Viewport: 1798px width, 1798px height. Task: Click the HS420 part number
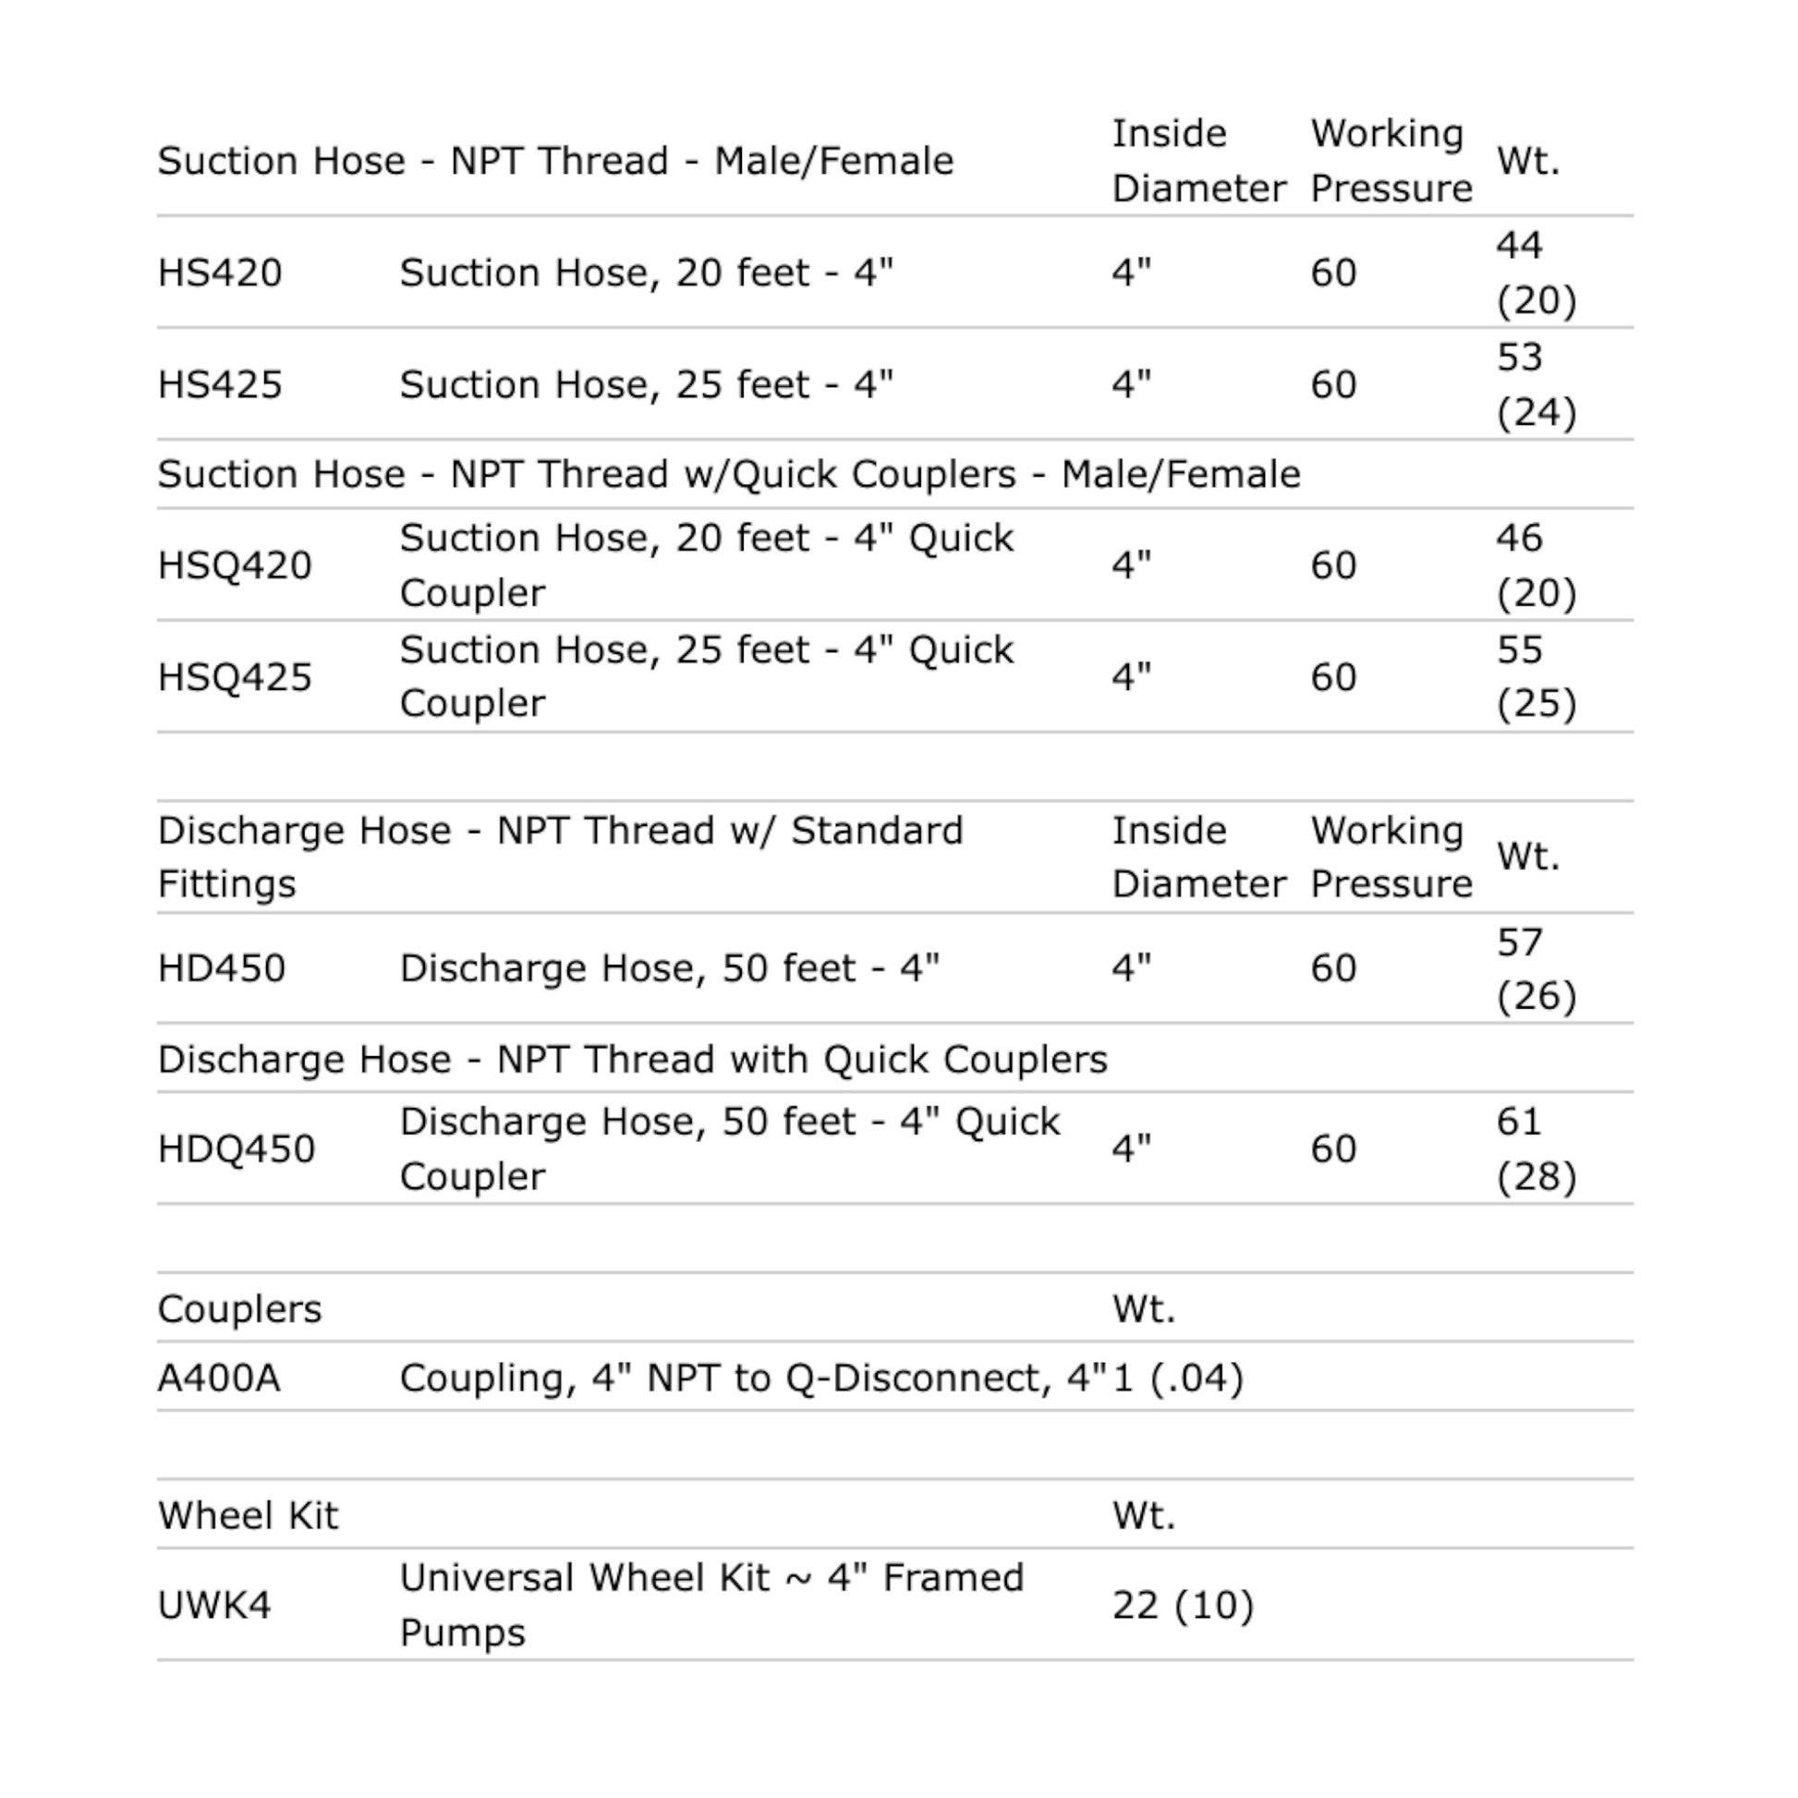[x=220, y=273]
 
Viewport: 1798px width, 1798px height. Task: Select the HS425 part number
[x=220, y=384]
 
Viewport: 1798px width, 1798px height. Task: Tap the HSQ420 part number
[x=235, y=565]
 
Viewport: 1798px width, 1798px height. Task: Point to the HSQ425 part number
[x=235, y=676]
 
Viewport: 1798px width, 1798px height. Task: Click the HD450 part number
[x=222, y=968]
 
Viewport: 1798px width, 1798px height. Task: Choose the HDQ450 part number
[x=237, y=1148]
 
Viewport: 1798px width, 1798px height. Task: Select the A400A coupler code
[x=219, y=1378]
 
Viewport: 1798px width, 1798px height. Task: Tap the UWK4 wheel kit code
[x=214, y=1604]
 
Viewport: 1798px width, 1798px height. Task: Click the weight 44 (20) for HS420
[x=1536, y=273]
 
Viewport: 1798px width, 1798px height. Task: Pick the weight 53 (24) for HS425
[x=1536, y=384]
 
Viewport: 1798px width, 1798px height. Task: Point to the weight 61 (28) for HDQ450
[x=1536, y=1148]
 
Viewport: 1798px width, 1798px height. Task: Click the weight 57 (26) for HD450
[x=1536, y=968]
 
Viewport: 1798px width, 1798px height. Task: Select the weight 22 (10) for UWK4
[x=1183, y=1604]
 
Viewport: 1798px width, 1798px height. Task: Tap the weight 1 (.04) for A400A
[x=1177, y=1378]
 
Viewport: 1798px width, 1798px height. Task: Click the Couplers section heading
[x=239, y=1308]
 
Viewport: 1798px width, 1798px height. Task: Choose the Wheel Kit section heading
[x=248, y=1515]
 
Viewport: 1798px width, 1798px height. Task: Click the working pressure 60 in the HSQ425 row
[x=1332, y=676]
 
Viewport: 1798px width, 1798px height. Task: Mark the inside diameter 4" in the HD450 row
[x=1132, y=968]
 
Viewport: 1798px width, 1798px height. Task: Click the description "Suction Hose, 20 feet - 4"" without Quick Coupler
[x=646, y=273]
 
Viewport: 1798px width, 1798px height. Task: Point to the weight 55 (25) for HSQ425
[x=1536, y=676]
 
